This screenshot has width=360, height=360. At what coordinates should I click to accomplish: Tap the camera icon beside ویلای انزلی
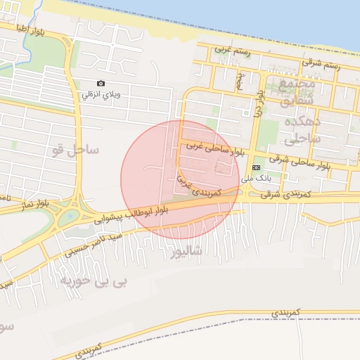pyautogui.click(x=101, y=83)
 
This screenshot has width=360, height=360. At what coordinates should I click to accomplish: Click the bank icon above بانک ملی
pyautogui.click(x=256, y=167)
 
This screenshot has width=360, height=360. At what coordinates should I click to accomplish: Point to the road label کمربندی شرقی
pyautogui.click(x=273, y=193)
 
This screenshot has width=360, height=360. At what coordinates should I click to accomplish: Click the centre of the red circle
pyautogui.click(x=181, y=179)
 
